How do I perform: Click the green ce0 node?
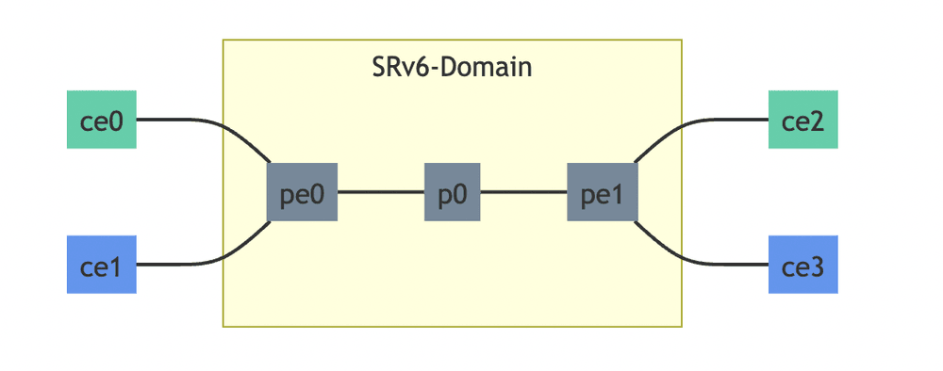pos(102,120)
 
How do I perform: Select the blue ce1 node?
pos(102,265)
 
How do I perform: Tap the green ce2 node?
pos(802,120)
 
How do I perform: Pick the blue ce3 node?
pos(802,265)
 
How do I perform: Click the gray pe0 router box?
pos(302,192)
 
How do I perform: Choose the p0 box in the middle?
pos(453,192)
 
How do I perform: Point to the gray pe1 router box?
pos(602,192)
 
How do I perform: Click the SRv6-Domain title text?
pos(453,68)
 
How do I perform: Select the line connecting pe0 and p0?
pos(380,192)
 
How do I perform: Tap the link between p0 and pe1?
pos(523,192)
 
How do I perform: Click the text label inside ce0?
pos(102,121)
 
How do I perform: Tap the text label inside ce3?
pos(802,266)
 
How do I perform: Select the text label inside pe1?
pos(602,193)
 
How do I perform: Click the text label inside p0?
pos(453,193)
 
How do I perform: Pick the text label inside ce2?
pos(802,121)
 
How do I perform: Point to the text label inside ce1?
pos(102,266)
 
